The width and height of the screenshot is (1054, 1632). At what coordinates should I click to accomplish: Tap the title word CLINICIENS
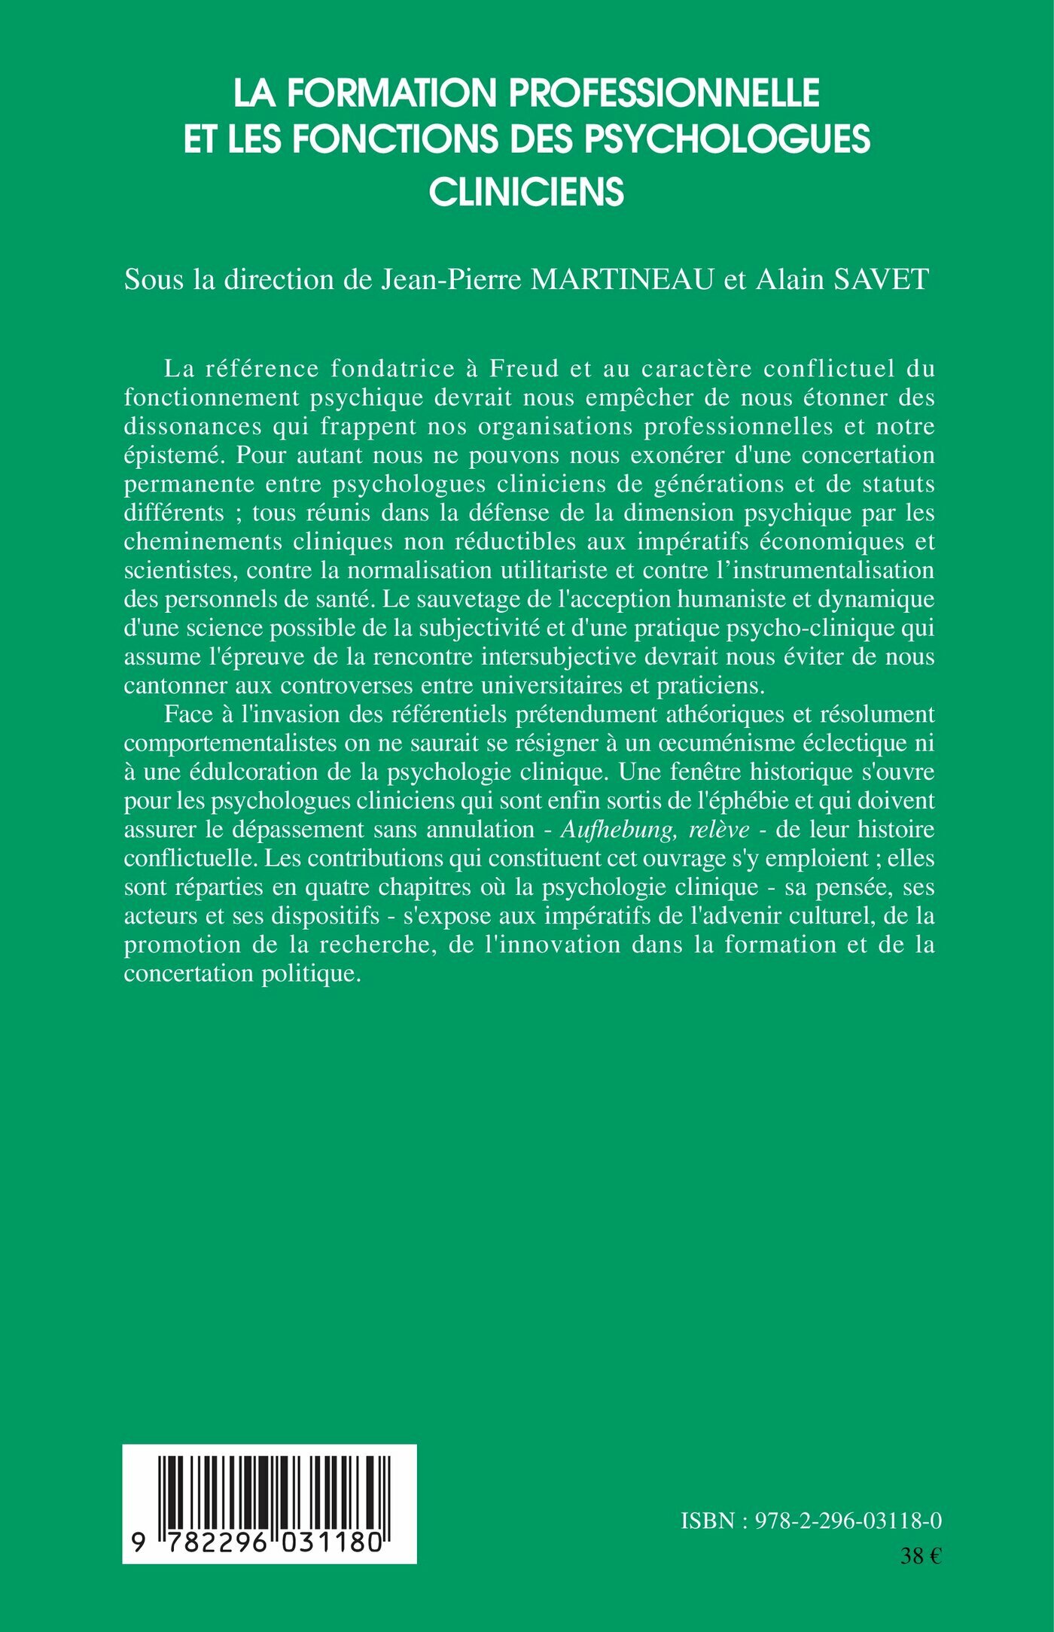(x=526, y=191)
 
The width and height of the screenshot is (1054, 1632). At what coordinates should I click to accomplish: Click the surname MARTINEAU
(x=623, y=280)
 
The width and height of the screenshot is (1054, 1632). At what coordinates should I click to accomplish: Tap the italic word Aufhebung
(x=618, y=830)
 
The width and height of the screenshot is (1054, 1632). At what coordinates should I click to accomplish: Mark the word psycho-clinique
(x=806, y=628)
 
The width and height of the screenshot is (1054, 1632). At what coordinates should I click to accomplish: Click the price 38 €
(x=921, y=1556)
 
